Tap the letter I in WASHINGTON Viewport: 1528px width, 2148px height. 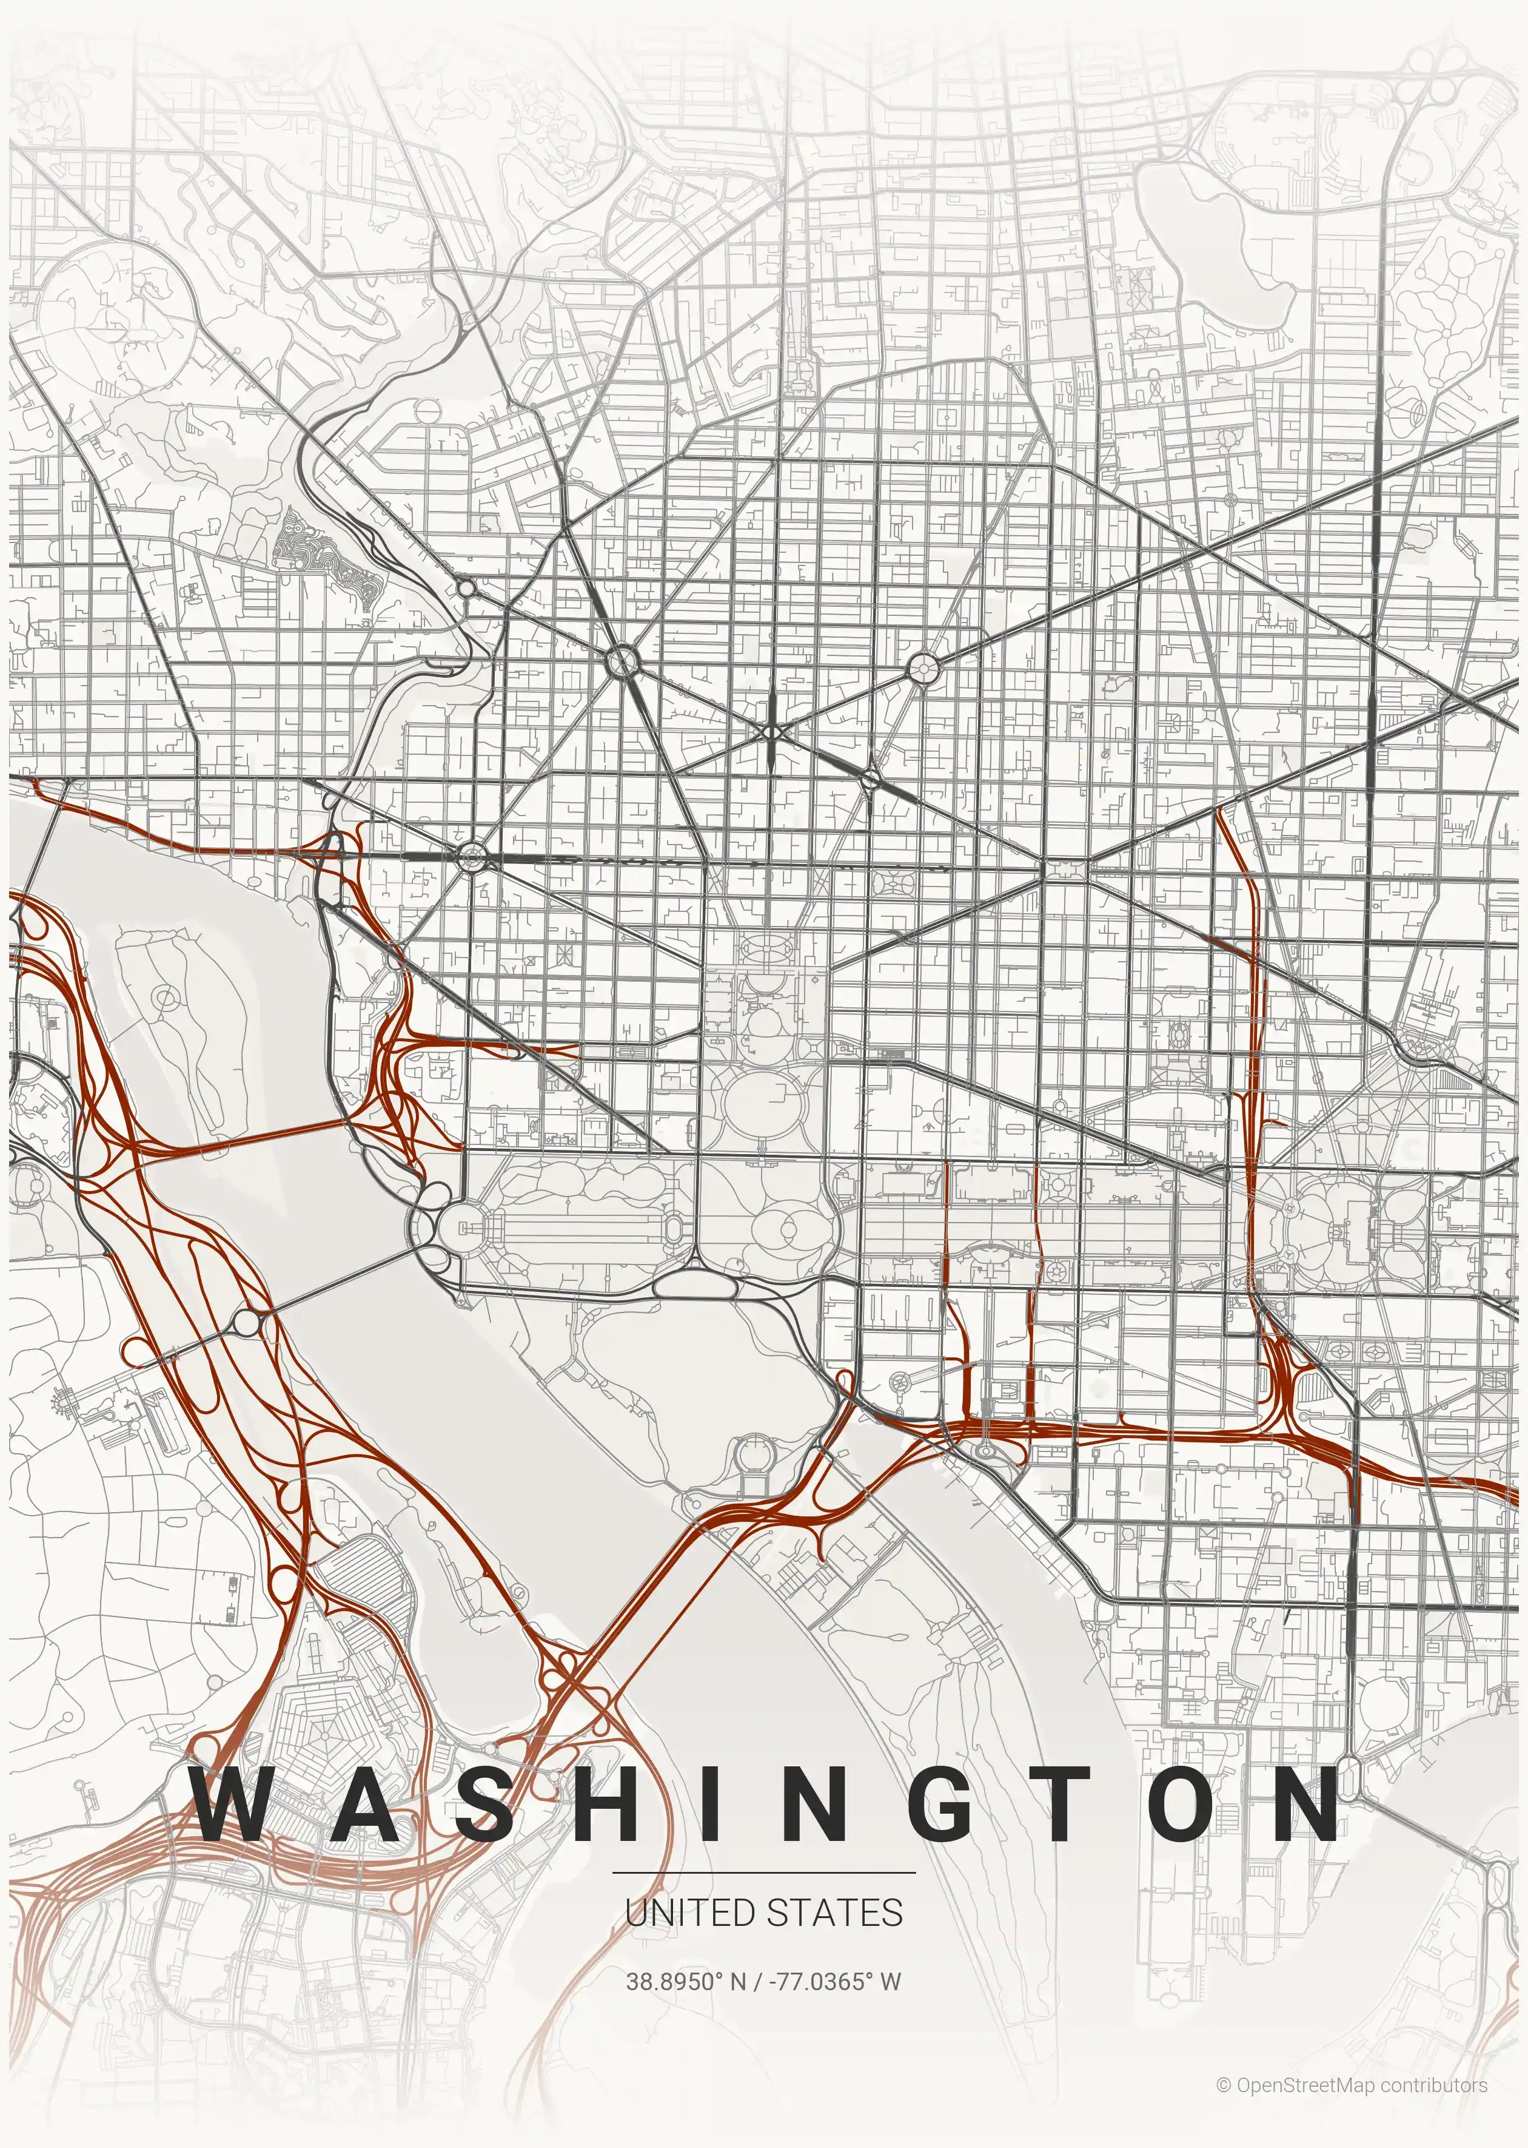pyautogui.click(x=706, y=1803)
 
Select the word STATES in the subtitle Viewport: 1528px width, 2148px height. pyautogui.click(x=836, y=1913)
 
